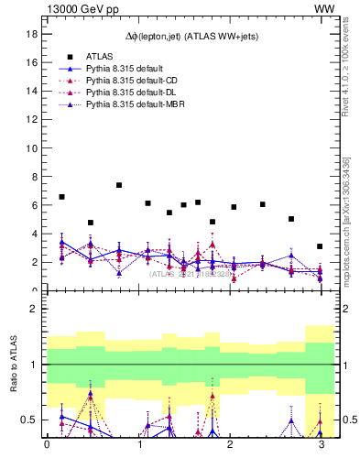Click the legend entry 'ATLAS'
pos(101,57)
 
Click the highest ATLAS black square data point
pos(119,185)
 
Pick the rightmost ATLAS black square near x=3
pos(320,246)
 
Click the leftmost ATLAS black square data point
pos(61,197)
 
